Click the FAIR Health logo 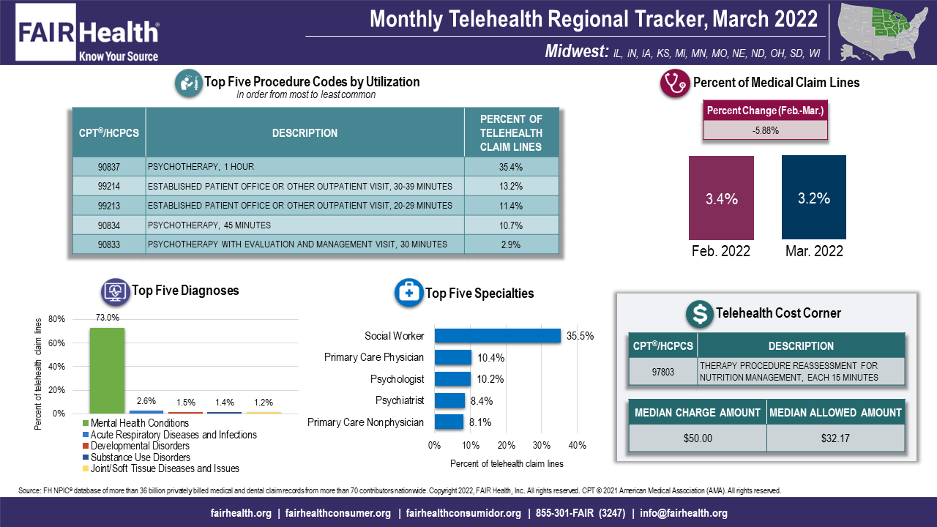tap(88, 33)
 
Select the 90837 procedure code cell tap(108, 167)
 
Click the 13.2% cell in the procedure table tap(510, 186)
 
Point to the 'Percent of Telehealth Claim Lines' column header tap(510, 132)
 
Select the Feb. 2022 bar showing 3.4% tap(721, 198)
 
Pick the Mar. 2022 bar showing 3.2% tap(814, 198)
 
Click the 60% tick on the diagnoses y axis tap(57, 343)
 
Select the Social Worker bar tap(497, 336)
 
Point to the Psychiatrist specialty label tap(399, 400)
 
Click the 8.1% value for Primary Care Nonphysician tap(479, 422)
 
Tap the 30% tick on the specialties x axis tap(541, 445)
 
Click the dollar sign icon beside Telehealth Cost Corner tap(700, 314)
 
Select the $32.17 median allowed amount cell tap(835, 438)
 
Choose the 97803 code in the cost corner tap(662, 371)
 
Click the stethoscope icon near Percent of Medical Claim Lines tap(674, 83)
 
